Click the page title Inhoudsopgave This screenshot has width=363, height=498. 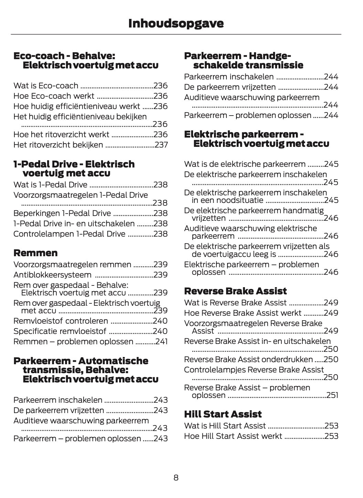click(176, 23)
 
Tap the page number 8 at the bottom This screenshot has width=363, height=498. click(176, 478)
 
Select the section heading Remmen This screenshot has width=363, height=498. click(35, 253)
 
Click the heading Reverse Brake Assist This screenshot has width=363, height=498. click(235, 291)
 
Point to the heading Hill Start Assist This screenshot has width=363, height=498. click(223, 414)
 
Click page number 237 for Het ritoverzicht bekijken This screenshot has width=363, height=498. click(161, 145)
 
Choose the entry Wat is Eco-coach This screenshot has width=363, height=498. click(46, 86)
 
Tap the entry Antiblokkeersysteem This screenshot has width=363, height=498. click(52, 275)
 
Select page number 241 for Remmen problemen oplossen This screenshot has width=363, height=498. click(161, 342)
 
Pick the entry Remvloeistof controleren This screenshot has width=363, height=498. click(61, 321)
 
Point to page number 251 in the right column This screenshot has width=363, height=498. click(332, 395)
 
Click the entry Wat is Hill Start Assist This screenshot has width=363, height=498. click(225, 426)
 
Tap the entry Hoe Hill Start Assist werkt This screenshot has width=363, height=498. click(233, 436)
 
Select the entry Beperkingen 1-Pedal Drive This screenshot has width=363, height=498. click(62, 213)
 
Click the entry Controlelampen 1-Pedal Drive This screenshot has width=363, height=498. click(69, 234)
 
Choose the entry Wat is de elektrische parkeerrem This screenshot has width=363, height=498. click(245, 164)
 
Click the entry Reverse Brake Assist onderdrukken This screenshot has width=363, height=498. click(248, 359)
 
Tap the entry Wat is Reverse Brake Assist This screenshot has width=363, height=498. click(235, 303)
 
